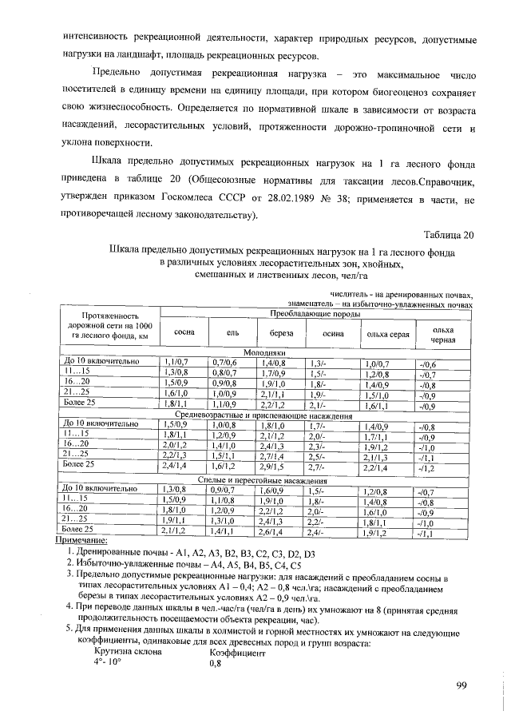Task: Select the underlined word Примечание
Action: [85, 540]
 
